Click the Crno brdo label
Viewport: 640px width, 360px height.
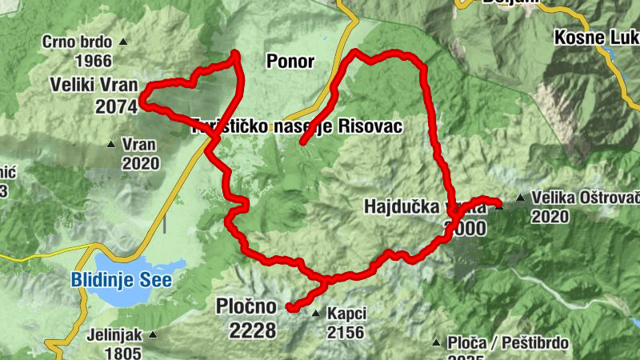pyautogui.click(x=79, y=42)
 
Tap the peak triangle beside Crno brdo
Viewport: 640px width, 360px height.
pyautogui.click(x=122, y=42)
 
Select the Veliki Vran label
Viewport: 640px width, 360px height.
pyautogui.click(x=94, y=85)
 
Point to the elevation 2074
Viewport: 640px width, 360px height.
pyautogui.click(x=116, y=106)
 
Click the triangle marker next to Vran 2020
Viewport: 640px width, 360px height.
pyautogui.click(x=111, y=145)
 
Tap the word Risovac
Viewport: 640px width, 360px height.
pyautogui.click(x=370, y=126)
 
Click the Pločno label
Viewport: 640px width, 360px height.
pyautogui.click(x=246, y=306)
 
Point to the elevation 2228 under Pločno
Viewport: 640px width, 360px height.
pyautogui.click(x=250, y=329)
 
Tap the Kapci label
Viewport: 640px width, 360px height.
pyautogui.click(x=346, y=314)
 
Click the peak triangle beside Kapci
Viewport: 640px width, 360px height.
pyautogui.click(x=316, y=314)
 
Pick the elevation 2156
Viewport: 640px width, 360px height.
pyautogui.click(x=346, y=333)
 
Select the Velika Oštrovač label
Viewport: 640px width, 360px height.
pyautogui.click(x=583, y=197)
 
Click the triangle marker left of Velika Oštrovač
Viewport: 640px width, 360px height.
pyautogui.click(x=521, y=197)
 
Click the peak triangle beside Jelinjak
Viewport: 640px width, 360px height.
pyautogui.click(x=152, y=335)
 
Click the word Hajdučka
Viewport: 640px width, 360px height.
pyautogui.click(x=399, y=206)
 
